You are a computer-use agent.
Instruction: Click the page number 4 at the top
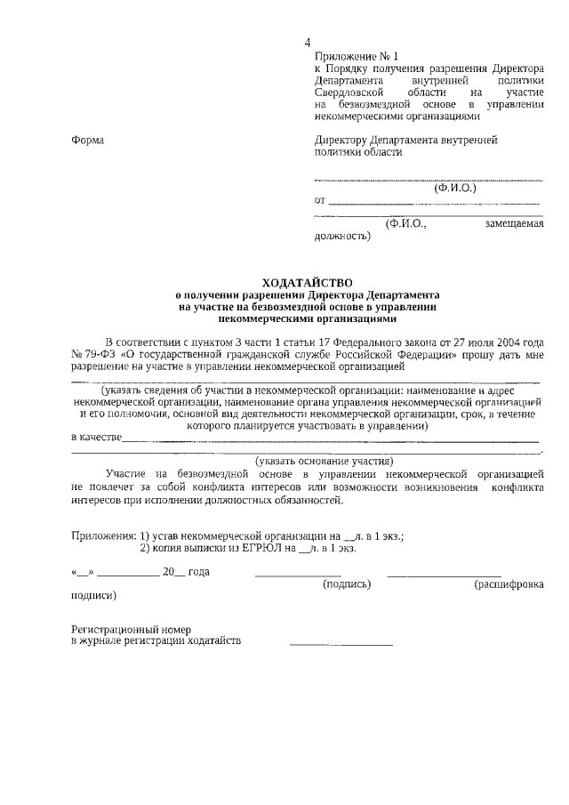coord(308,43)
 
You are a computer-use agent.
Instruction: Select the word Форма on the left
coord(87,140)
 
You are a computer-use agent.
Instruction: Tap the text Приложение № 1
coord(351,56)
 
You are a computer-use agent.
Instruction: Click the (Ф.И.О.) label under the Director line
coord(455,189)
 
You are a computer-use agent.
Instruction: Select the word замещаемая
coord(514,225)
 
